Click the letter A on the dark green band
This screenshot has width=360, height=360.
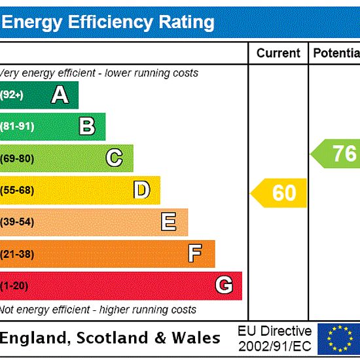point(60,94)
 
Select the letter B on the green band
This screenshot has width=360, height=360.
point(87,126)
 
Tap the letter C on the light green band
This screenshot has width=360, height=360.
point(114,158)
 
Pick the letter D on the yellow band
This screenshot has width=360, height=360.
point(142,190)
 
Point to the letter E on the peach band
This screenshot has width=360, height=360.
point(169,221)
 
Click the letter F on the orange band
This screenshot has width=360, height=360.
point(195,253)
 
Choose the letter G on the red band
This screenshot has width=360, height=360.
point(225,285)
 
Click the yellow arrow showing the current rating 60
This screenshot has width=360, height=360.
point(278,193)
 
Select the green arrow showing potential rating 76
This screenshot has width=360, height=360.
point(335,154)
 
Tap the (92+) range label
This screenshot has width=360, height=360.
point(12,95)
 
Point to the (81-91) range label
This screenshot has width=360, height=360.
point(17,126)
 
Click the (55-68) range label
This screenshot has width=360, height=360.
point(17,190)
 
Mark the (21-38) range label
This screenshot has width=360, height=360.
point(17,254)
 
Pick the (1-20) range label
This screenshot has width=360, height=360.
point(14,286)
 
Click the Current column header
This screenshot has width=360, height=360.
point(278,53)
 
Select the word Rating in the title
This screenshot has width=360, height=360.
point(187,23)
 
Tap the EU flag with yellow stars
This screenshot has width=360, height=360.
point(339,339)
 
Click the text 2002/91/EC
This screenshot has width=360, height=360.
point(275,346)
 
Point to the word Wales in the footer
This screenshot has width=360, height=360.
point(196,338)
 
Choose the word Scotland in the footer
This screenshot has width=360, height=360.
point(112,338)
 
